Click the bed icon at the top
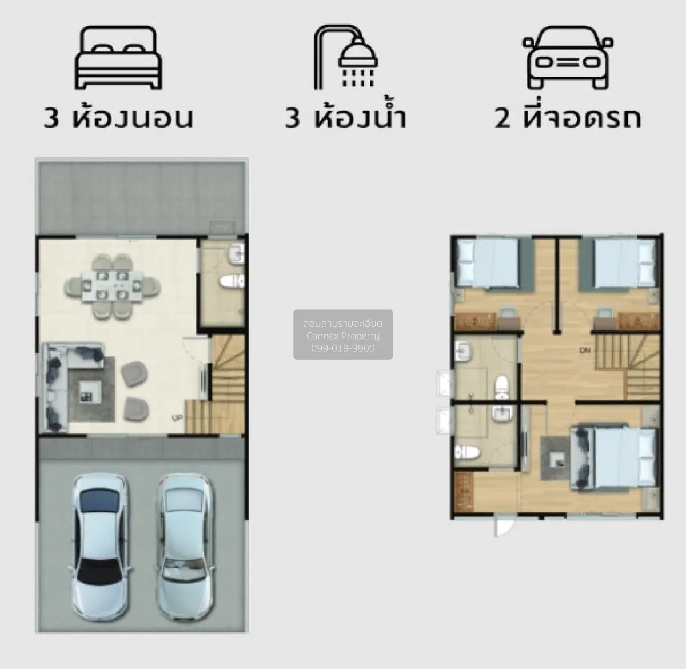pos(119,58)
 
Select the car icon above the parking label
pos(568,58)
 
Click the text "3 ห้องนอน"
pos(119,117)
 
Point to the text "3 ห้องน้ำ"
pos(346,117)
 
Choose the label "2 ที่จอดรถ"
pos(568,117)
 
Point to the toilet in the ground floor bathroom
pos(233,281)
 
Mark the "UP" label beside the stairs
pos(177,418)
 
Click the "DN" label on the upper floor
pos(585,350)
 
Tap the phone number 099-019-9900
pos(343,348)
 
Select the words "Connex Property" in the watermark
pos(343,336)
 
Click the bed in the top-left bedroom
pos(488,262)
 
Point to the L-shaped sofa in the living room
pos(57,377)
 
